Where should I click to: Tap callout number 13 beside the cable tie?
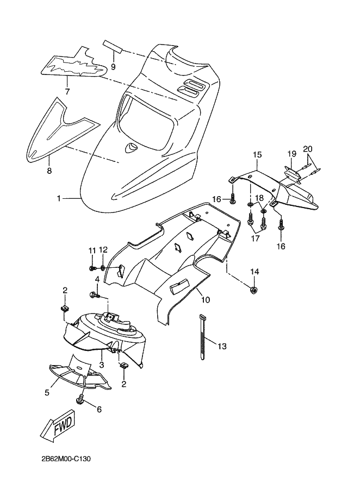tap(223, 346)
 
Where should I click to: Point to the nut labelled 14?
tap(254, 290)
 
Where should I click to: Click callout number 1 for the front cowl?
tap(59, 199)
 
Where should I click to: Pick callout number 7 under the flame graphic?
tap(67, 92)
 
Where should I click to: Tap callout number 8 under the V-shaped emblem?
tap(49, 171)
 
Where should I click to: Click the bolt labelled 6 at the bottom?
tap(80, 401)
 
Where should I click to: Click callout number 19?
tap(291, 154)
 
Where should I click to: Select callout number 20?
tap(308, 149)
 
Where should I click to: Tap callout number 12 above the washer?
tap(103, 249)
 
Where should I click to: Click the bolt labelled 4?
tap(94, 294)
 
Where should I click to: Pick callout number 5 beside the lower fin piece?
tap(47, 392)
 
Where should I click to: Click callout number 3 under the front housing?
tap(101, 364)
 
